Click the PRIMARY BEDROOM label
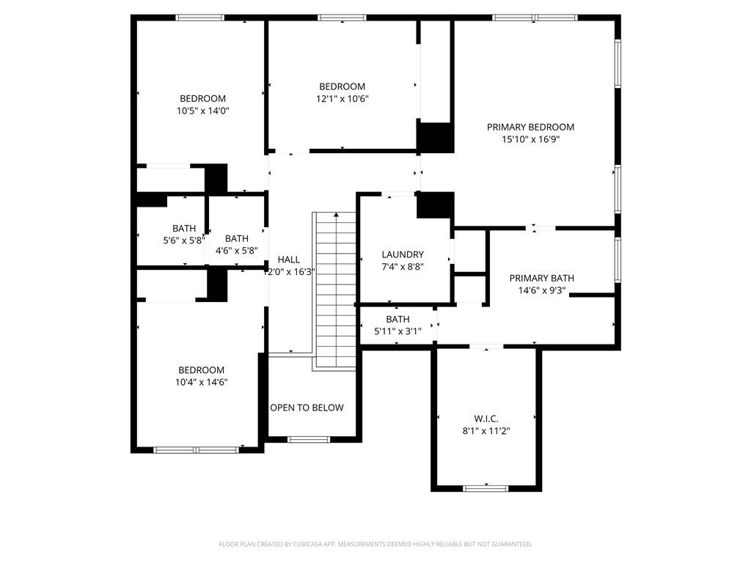(x=530, y=127)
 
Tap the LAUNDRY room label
(x=403, y=254)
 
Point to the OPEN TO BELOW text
(x=307, y=408)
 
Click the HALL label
(x=288, y=260)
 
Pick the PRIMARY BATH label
(x=541, y=278)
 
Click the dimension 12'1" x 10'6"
(x=342, y=99)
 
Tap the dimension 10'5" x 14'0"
(x=202, y=111)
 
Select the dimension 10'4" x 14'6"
(x=201, y=382)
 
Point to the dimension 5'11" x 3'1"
(x=398, y=331)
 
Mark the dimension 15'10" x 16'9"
(x=530, y=139)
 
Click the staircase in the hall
(x=335, y=290)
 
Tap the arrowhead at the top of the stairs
(x=336, y=216)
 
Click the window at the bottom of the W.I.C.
(x=486, y=487)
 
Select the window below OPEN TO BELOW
(x=309, y=439)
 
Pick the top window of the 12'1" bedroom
(x=342, y=18)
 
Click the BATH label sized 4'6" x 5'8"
(x=237, y=238)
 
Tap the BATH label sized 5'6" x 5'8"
(x=184, y=228)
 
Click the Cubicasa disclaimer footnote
(x=375, y=544)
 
